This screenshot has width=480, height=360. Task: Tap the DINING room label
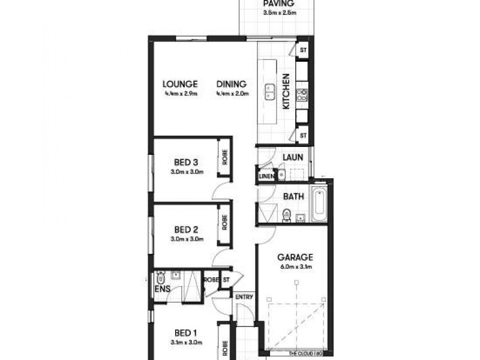[x=230, y=84]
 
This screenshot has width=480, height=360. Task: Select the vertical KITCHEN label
[x=287, y=91]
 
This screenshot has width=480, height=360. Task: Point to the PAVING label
[x=278, y=3]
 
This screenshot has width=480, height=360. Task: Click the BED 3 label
[x=187, y=163]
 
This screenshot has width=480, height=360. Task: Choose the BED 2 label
[x=187, y=229]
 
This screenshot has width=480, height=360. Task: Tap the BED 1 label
[x=187, y=333]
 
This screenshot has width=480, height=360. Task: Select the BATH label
[x=293, y=196]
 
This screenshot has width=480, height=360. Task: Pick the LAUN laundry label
[x=292, y=158]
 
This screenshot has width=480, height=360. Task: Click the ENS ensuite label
[x=163, y=290]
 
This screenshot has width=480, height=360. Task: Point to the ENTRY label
[x=244, y=297]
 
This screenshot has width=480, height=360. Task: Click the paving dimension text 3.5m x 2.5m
[x=278, y=12]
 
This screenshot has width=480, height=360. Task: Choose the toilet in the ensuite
[x=160, y=278]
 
